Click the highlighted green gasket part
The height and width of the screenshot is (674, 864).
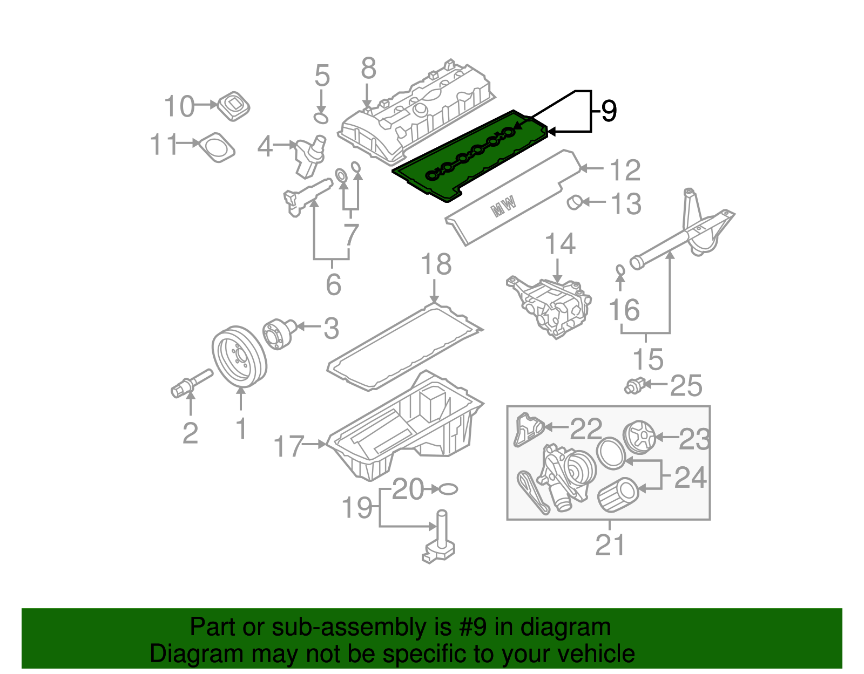[x=470, y=156]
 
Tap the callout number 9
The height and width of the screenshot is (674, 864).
[x=608, y=111]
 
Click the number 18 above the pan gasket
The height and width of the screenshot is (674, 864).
[x=436, y=265]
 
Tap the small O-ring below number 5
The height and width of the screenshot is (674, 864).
[x=321, y=117]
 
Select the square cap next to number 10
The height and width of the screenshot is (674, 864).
[x=234, y=106]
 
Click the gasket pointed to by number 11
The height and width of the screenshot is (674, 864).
[x=218, y=146]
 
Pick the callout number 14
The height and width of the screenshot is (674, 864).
[x=560, y=244]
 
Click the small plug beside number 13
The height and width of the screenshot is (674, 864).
[x=573, y=202]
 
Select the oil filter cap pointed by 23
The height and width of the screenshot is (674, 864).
[x=639, y=437]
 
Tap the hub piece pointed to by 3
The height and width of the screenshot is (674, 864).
[x=280, y=333]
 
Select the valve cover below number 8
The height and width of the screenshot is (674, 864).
[x=416, y=113]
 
